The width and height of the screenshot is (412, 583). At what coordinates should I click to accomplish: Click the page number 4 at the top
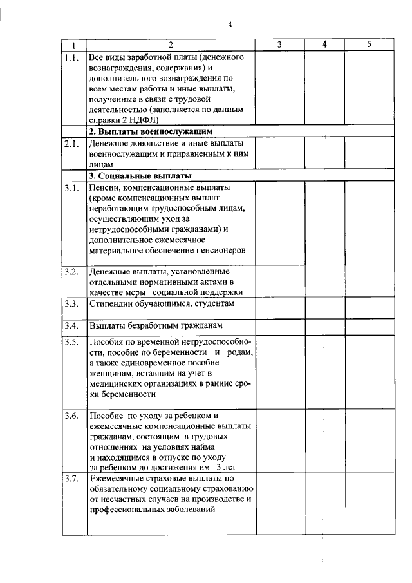pyautogui.click(x=229, y=25)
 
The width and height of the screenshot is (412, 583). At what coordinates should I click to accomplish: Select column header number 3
pyautogui.click(x=279, y=44)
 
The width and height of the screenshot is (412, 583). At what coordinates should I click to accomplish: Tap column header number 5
pyautogui.click(x=369, y=44)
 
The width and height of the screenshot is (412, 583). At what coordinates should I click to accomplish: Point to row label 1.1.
pyautogui.click(x=72, y=57)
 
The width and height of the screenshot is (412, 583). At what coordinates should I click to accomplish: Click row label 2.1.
pyautogui.click(x=72, y=144)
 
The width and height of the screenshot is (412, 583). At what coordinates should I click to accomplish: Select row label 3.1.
pyautogui.click(x=72, y=188)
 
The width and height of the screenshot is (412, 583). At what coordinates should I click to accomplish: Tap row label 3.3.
pyautogui.click(x=72, y=303)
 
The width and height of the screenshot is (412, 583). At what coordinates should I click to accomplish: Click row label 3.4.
pyautogui.click(x=72, y=325)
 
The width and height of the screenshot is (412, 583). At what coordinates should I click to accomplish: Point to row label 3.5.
pyautogui.click(x=72, y=341)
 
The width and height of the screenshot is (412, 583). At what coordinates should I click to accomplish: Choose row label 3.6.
pyautogui.click(x=72, y=416)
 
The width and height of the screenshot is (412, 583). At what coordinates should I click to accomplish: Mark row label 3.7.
pyautogui.click(x=72, y=479)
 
